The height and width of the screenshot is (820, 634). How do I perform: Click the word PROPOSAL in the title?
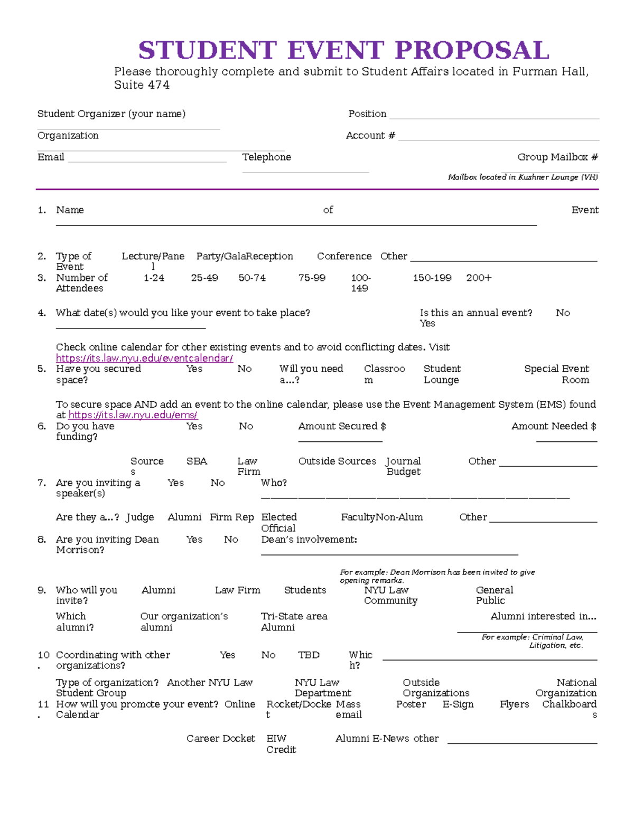coord(472,51)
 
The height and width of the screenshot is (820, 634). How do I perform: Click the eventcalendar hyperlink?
coord(144,358)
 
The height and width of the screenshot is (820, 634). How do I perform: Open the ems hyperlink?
coord(133,415)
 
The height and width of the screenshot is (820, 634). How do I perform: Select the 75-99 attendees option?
coord(312,278)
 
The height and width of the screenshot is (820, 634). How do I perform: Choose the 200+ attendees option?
coord(479,278)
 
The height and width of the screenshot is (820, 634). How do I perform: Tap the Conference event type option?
coord(344,256)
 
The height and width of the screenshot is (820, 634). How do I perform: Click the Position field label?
coord(367,114)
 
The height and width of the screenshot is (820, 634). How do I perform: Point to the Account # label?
coord(370,135)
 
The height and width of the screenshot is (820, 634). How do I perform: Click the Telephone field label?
coord(266,157)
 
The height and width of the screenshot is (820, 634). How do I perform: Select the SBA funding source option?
coord(197,461)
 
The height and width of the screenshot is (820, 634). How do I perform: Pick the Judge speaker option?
coord(140,517)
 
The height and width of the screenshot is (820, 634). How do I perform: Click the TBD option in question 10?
coord(309,655)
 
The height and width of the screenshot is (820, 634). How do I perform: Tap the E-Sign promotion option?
coord(458,704)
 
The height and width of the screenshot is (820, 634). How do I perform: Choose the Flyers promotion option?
coord(514,704)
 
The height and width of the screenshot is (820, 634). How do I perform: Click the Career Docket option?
coord(220,738)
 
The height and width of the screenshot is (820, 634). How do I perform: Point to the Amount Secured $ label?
coord(342,426)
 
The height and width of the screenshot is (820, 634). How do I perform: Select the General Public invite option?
coord(494,595)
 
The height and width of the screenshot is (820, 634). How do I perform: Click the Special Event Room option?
coord(556,374)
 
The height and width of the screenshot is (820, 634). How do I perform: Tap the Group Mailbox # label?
coord(557,157)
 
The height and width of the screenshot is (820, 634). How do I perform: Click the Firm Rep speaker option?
coord(231,517)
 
